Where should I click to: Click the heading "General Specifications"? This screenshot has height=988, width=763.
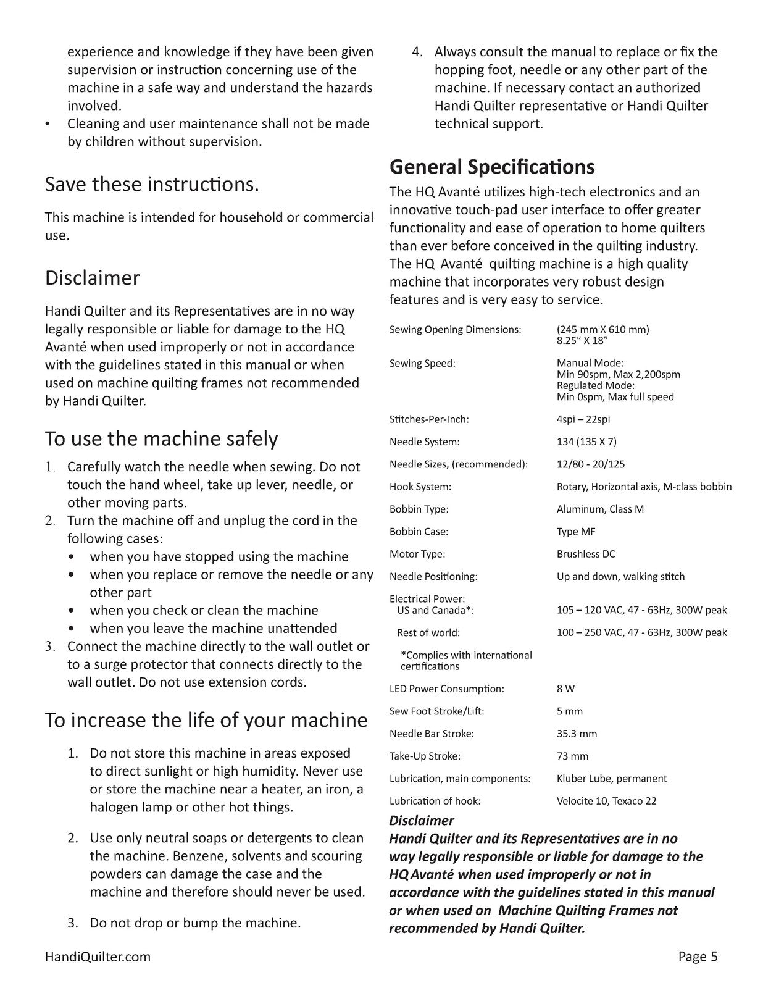click(x=492, y=167)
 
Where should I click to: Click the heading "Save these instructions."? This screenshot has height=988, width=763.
click(x=152, y=184)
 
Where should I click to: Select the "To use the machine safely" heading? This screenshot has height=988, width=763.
click(x=161, y=438)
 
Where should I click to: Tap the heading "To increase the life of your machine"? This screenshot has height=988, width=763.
click(x=206, y=720)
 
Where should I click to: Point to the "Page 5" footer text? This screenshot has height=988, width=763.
click(x=698, y=957)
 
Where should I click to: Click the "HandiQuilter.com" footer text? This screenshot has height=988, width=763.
click(x=98, y=957)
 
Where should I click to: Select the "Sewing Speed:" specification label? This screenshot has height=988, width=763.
click(x=422, y=363)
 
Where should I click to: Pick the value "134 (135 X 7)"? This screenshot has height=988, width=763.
click(x=586, y=442)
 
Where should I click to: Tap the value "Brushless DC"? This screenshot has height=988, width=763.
click(x=586, y=554)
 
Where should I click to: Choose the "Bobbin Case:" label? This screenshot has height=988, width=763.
click(x=419, y=532)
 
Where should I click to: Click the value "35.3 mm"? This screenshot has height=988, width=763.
click(x=577, y=734)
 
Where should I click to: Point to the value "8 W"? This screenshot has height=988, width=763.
click(x=565, y=689)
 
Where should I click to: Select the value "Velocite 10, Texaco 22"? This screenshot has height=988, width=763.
click(x=606, y=801)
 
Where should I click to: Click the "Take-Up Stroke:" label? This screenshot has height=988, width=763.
click(x=425, y=756)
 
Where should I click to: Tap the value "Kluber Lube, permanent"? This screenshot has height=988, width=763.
click(x=611, y=779)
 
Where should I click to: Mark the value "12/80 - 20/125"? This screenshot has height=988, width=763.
click(x=590, y=464)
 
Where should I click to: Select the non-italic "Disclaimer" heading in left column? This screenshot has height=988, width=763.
click(x=93, y=278)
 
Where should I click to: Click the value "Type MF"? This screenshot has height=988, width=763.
click(x=576, y=532)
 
